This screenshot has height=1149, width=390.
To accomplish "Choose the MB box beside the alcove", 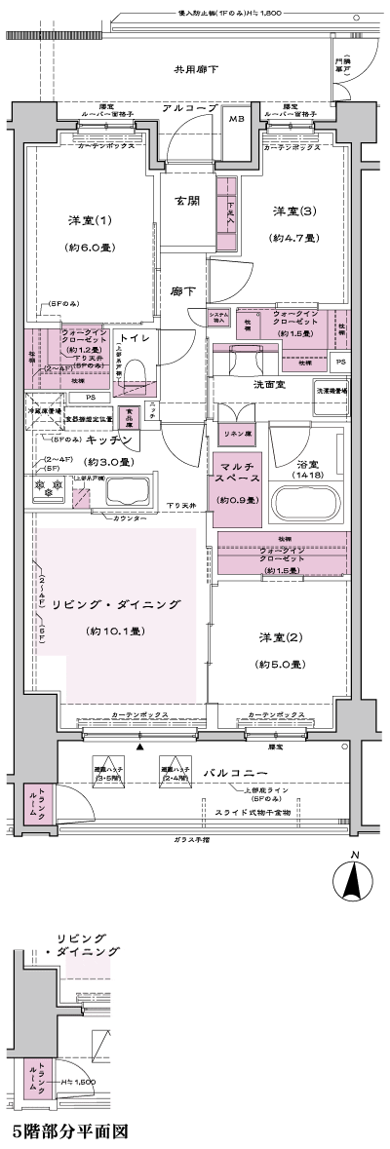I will (x=237, y=121).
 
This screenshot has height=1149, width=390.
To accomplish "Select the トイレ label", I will (x=135, y=338).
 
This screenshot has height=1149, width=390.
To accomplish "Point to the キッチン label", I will (x=110, y=440).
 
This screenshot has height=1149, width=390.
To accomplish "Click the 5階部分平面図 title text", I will (x=69, y=1132).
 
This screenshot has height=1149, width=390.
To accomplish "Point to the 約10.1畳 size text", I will (x=115, y=632).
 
